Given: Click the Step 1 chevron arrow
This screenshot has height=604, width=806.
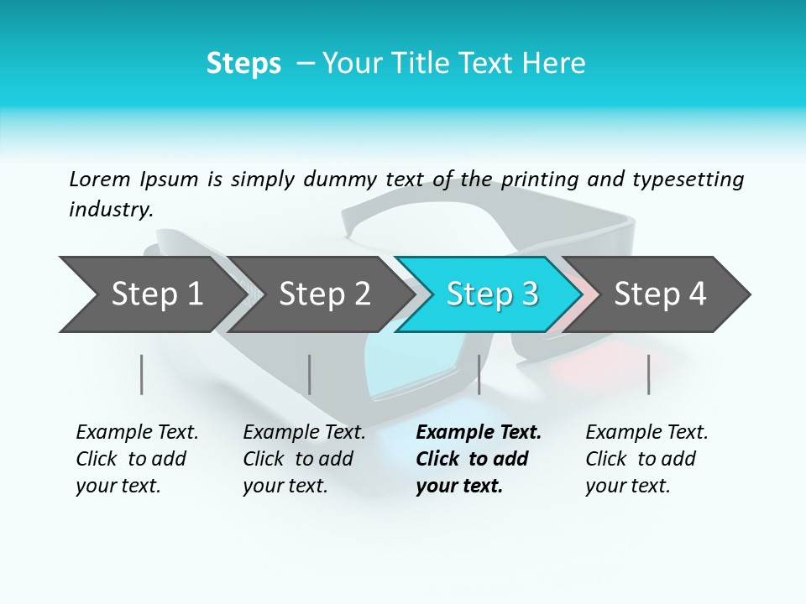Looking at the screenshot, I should [x=155, y=294].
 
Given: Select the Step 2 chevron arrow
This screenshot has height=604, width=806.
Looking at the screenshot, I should [x=323, y=294].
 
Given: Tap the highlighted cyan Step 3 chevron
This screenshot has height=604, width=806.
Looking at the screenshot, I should [x=491, y=294].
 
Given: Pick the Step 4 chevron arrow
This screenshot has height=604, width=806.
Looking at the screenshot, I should [x=659, y=294].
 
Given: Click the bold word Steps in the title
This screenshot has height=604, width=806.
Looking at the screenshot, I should [x=243, y=64].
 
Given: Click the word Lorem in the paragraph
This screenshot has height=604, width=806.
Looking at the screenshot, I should [x=100, y=179].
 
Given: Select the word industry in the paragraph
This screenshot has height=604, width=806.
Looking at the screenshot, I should [x=111, y=209].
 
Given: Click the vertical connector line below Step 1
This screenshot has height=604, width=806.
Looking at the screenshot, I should [x=142, y=374].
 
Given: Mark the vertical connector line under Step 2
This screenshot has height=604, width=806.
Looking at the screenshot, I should [x=310, y=374].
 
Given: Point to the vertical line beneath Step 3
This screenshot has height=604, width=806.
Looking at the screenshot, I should [x=479, y=374].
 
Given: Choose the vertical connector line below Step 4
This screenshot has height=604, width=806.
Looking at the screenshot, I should [x=648, y=374].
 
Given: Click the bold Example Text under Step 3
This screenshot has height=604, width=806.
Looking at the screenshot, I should [x=479, y=433].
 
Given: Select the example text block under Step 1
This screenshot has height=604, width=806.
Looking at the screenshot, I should [x=137, y=459].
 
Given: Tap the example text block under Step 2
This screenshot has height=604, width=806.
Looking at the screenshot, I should [x=304, y=459].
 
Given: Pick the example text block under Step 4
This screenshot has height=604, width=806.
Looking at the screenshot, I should [x=646, y=459].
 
